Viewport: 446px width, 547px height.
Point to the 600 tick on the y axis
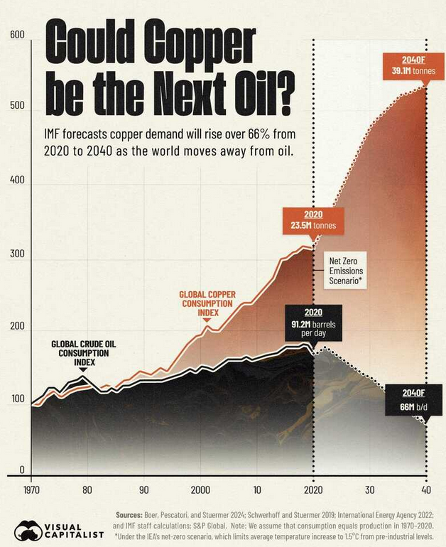pyautogui.click(x=18, y=35)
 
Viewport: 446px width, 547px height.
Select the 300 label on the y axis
pyautogui.click(x=18, y=254)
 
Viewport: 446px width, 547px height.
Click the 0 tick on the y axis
pyautogui.click(x=22, y=470)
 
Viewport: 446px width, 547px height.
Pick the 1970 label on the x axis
pyautogui.click(x=32, y=490)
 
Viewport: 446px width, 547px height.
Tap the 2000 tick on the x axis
pyautogui.click(x=200, y=490)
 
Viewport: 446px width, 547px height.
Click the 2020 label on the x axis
pyautogui.click(x=312, y=490)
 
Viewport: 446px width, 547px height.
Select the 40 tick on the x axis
pyautogui.click(x=426, y=490)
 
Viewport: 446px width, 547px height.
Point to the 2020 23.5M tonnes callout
pyautogui.click(x=312, y=220)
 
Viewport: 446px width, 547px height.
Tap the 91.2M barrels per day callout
pyautogui.click(x=312, y=322)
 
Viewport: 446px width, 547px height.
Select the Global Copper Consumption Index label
pyautogui.click(x=207, y=303)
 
